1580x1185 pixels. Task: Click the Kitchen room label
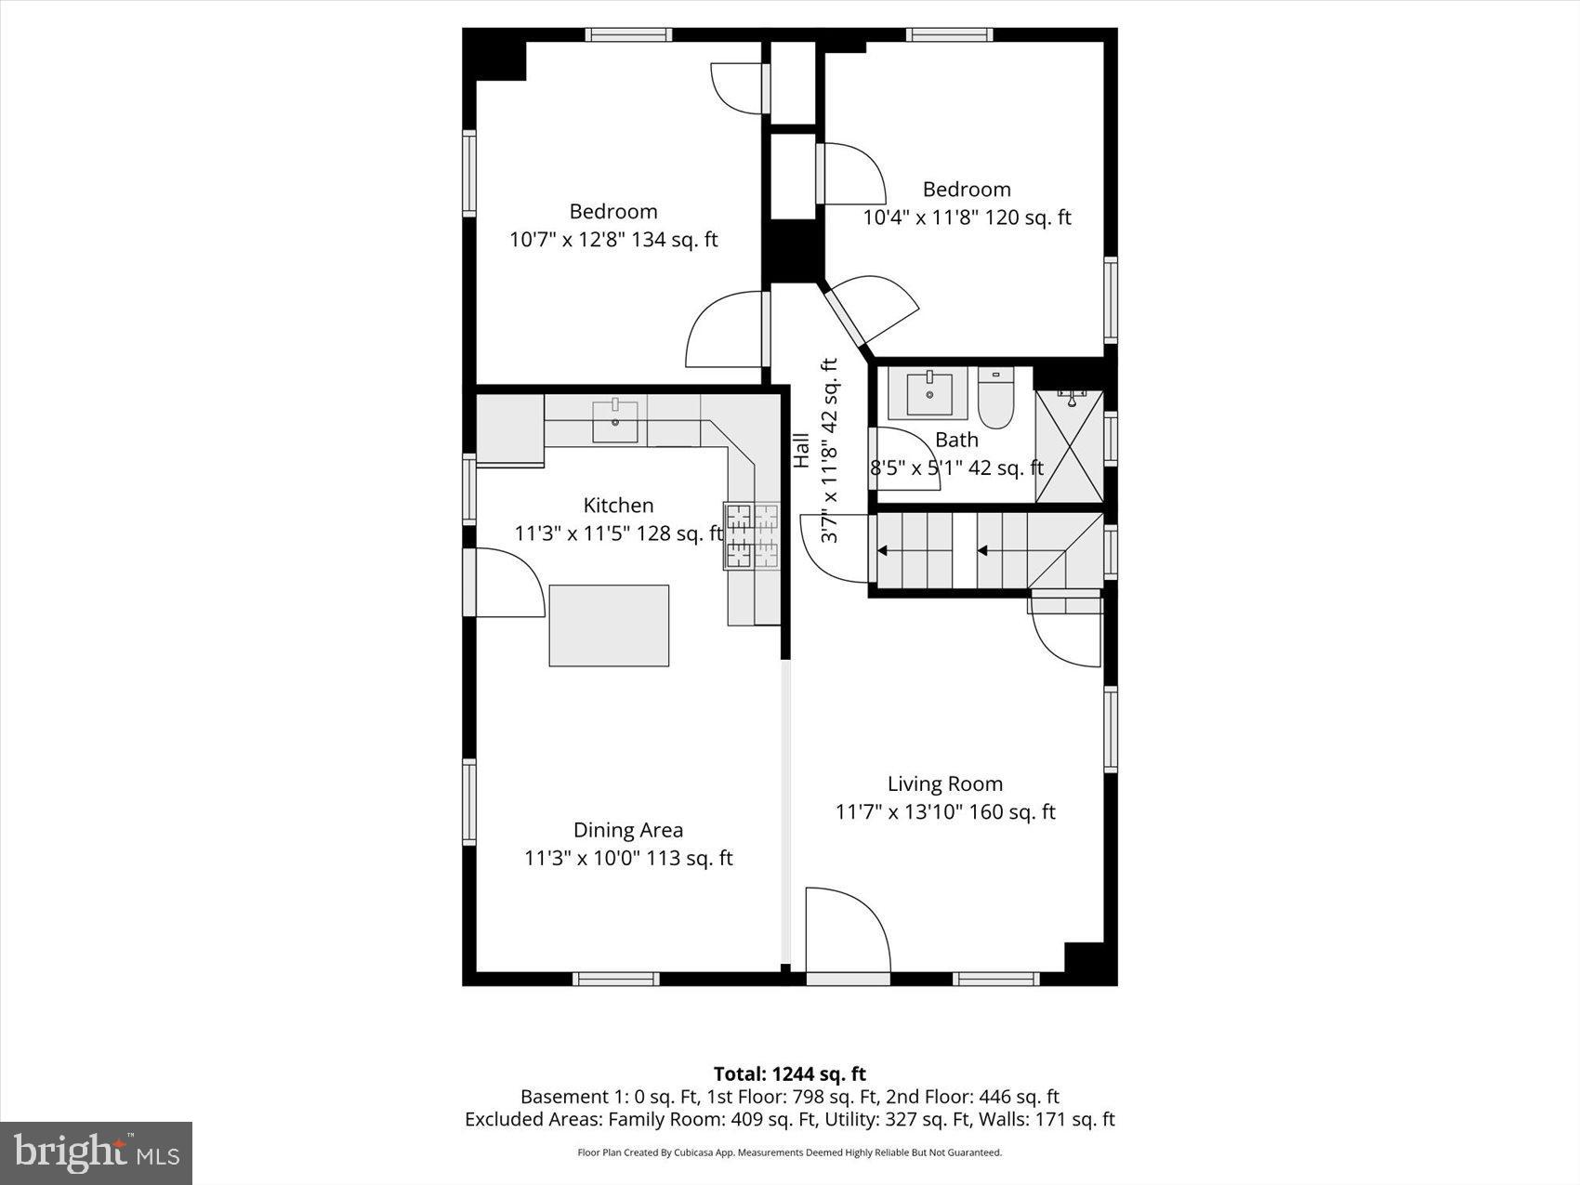[x=618, y=505]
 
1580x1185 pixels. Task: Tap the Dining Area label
[x=627, y=830]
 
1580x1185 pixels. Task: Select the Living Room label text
[x=944, y=783]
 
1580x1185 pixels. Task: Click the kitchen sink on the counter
[x=615, y=421]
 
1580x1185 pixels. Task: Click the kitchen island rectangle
[x=609, y=625]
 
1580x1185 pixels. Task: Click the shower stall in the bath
[x=1069, y=447]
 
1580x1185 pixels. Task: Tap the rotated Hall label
[x=801, y=451]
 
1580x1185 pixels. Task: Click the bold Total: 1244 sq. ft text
[x=789, y=1074]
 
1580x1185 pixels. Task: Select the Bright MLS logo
[x=97, y=1153]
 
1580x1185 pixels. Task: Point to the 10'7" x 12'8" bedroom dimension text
[x=613, y=240]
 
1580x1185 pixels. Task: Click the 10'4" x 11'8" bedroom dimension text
[x=967, y=217]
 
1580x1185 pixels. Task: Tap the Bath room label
[x=956, y=440]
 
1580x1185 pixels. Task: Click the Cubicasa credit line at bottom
[x=789, y=1152]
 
